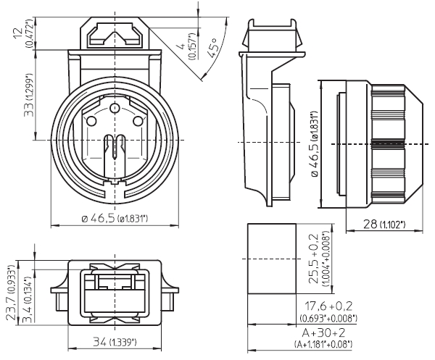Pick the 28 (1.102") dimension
pyautogui.click(x=386, y=225)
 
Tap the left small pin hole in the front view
pyautogui.click(x=90, y=122)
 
